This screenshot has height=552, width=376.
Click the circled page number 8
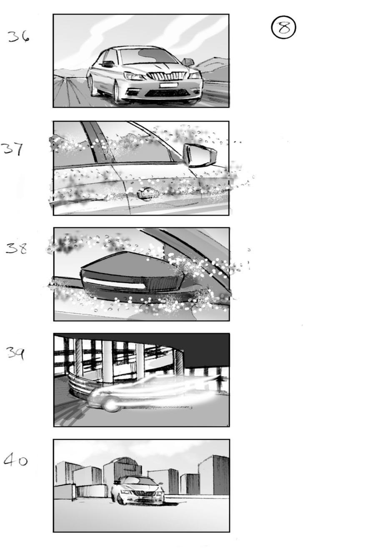[283, 28]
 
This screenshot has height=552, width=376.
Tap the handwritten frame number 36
[19, 37]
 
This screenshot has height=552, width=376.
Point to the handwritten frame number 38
[17, 248]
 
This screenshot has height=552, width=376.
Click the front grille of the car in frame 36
[164, 76]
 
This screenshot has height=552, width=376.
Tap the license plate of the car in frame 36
[168, 85]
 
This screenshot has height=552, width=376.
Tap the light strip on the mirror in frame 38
[114, 282]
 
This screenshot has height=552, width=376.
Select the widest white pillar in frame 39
[108, 361]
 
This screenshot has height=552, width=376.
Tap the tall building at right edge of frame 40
[214, 475]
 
